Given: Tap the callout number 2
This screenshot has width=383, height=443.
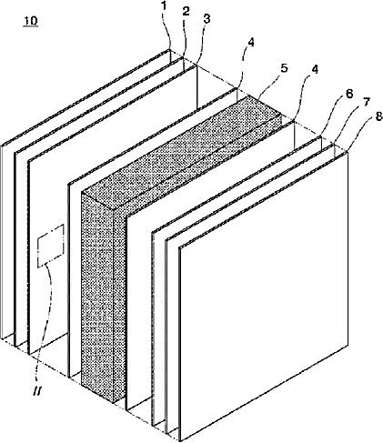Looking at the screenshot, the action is (x=186, y=11).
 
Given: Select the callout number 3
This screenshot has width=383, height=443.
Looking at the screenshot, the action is (x=207, y=19).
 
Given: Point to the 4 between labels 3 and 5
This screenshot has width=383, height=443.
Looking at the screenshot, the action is (x=250, y=43).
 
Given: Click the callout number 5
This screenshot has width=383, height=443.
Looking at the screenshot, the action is (x=284, y=68).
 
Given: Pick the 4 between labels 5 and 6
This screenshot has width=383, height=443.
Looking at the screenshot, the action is (x=315, y=70).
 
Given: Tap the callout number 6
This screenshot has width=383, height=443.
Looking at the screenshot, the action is (x=349, y=94).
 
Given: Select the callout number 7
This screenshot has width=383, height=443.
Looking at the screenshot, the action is (x=367, y=103).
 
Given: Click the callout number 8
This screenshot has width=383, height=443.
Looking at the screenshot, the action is (x=378, y=116).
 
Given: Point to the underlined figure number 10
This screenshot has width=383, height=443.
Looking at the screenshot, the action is (x=31, y=21).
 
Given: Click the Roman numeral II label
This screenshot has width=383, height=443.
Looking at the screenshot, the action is (x=39, y=392).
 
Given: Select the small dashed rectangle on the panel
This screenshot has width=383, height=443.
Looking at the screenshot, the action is (x=51, y=246).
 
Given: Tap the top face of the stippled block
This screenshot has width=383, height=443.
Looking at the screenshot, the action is (x=182, y=152).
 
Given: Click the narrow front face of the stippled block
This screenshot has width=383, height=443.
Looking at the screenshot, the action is (x=97, y=297).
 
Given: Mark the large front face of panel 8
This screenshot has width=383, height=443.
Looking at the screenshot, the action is (x=264, y=296).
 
